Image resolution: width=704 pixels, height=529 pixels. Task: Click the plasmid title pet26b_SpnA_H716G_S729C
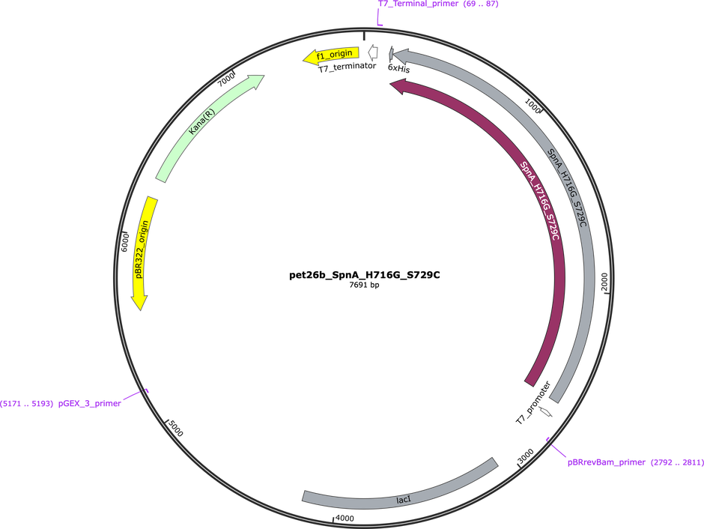point(364,275)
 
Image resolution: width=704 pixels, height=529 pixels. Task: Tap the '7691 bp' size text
point(364,285)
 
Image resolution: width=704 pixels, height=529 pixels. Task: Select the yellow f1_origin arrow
point(331,55)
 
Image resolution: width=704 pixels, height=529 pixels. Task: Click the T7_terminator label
point(347,67)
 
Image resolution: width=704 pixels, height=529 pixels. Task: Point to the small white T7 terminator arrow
point(373,52)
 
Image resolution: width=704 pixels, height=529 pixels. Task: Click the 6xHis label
point(398,68)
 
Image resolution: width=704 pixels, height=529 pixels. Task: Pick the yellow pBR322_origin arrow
point(145,253)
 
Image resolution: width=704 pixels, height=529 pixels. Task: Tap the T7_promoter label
point(533,403)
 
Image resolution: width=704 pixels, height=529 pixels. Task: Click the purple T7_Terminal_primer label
point(438,4)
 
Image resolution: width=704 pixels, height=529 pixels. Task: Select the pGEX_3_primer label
point(60,403)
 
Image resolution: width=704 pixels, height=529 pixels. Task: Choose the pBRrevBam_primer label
point(635,462)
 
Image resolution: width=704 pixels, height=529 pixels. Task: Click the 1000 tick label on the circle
point(532,106)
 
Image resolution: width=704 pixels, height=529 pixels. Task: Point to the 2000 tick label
point(604,282)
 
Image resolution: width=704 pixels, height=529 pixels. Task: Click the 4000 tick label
point(345,519)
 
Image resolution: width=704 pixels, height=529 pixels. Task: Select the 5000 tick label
point(175,428)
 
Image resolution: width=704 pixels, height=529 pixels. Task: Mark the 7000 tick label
point(226,79)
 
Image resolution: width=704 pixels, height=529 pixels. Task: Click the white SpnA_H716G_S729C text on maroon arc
point(540,200)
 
